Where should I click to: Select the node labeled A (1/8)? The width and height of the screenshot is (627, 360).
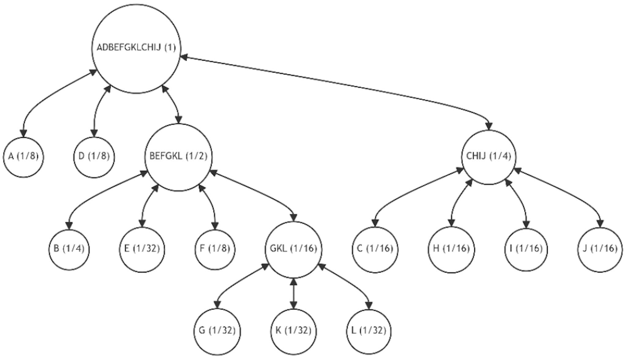coord(24,157)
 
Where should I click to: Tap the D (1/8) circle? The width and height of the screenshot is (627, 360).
coord(94,157)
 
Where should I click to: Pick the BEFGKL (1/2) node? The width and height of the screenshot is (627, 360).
coord(178,157)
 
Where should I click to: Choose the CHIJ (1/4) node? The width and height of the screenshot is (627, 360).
coord(489,157)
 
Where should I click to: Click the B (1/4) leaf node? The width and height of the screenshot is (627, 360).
coord(69,249)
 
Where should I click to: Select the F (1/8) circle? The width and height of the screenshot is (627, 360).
coord(215,249)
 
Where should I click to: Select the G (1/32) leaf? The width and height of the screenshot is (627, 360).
coord(217,332)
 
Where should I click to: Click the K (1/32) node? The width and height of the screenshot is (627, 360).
coord(294,332)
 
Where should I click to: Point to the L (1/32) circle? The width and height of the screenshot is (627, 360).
coord(369,332)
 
